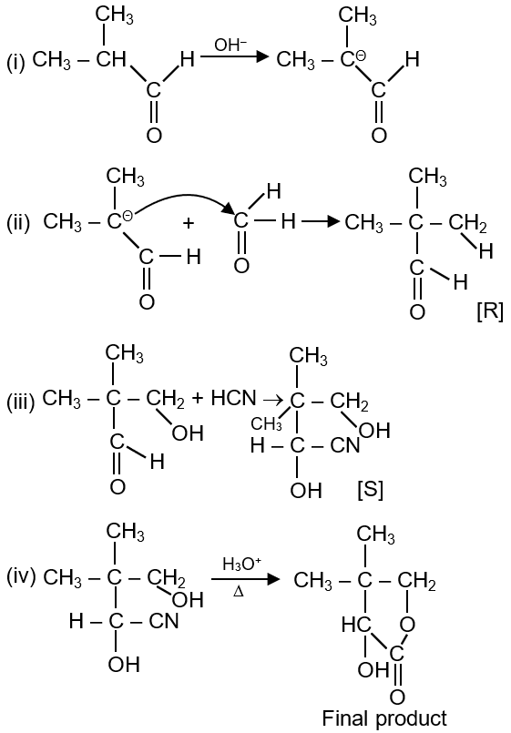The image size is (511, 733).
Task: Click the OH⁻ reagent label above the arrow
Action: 230,46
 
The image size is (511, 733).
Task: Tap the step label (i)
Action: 15,62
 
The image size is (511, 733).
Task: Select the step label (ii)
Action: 18,223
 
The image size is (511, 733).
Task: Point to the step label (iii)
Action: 21,402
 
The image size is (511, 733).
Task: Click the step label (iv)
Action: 21,578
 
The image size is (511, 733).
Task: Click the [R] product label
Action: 489,311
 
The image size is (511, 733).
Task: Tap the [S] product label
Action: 369,491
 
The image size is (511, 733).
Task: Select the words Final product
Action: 384,718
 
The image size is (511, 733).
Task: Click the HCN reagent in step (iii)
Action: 234,399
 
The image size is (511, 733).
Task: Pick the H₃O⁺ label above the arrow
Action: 240,565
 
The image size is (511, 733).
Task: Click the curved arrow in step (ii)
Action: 180,199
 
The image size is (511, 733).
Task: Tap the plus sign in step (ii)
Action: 188,223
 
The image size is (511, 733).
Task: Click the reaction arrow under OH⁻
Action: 235,57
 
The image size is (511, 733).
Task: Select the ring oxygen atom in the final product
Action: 408,624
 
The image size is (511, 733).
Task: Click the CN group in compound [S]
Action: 345,445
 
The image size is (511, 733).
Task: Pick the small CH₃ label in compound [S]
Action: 266,424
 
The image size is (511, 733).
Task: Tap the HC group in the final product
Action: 356,625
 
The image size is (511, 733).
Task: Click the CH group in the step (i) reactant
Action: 112,59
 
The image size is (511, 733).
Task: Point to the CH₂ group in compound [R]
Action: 467,223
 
